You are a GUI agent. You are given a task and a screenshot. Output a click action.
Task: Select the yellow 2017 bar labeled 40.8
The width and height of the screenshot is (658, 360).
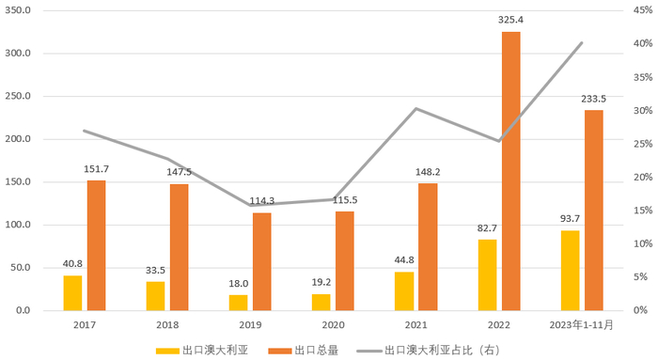[x=72, y=292]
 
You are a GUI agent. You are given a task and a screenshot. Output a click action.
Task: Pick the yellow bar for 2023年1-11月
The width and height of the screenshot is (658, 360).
[x=570, y=270]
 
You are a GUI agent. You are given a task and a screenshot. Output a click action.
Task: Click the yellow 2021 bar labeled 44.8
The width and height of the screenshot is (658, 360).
[x=403, y=290]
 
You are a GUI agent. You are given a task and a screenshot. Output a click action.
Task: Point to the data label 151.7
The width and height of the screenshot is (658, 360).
[x=97, y=169]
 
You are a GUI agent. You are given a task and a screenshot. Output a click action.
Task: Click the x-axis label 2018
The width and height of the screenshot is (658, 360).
[x=166, y=324]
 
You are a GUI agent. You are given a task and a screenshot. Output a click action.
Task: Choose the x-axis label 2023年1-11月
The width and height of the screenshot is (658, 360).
[x=581, y=324]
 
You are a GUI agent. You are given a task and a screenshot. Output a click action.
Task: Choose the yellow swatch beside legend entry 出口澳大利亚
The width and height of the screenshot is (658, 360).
[x=168, y=351]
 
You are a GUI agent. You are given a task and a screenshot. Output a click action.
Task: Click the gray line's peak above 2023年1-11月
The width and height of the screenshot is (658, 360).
[x=582, y=42]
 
